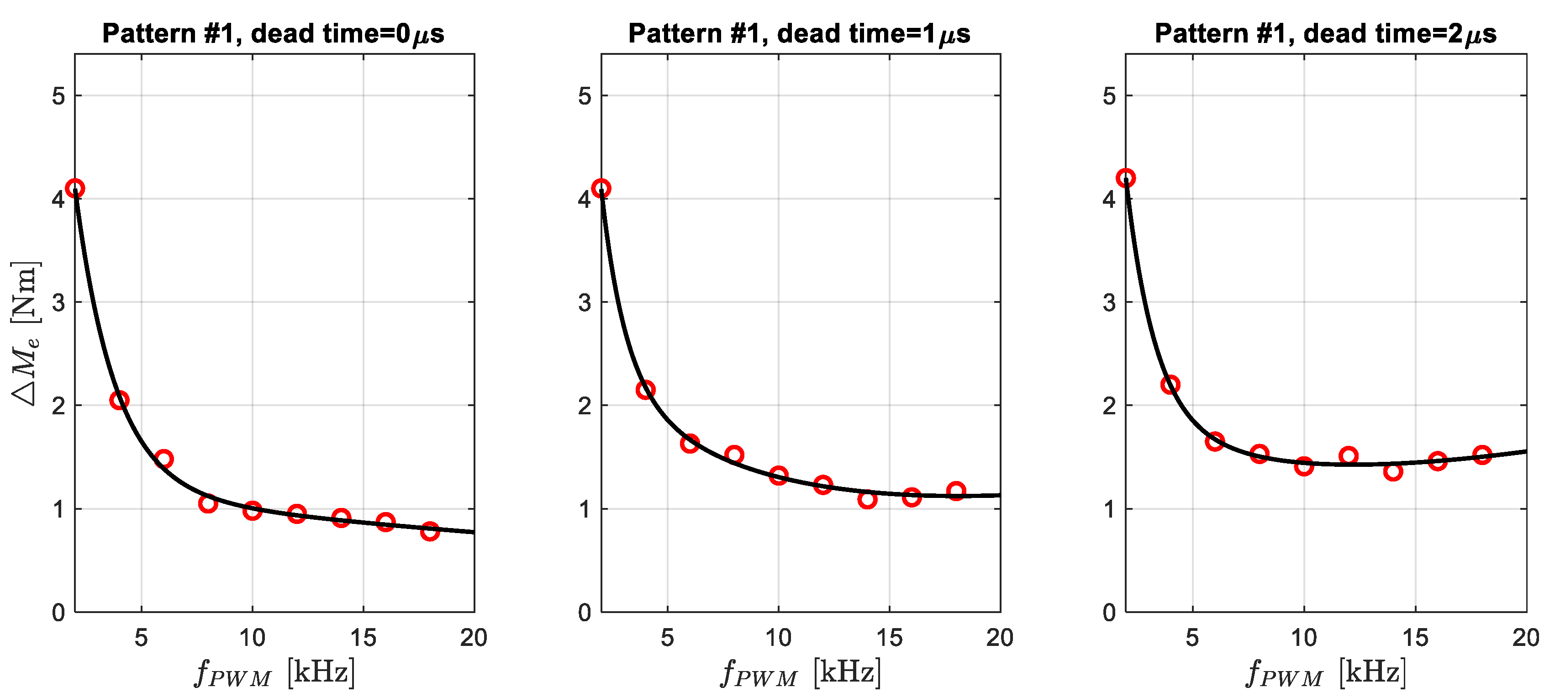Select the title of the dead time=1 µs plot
(799, 34)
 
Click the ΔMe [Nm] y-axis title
(26, 333)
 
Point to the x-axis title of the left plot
(274, 672)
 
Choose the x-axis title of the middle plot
(801, 672)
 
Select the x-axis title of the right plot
(1326, 672)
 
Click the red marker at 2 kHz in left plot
(75, 188)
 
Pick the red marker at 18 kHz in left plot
(430, 531)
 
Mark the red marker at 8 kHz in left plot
(208, 503)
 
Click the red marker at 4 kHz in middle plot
(645, 390)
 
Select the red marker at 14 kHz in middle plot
(867, 499)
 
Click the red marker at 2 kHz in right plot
(1126, 178)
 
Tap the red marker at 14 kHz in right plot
(1392, 471)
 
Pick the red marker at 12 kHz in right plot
(1349, 456)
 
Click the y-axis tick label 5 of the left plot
(58, 96)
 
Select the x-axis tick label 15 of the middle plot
(889, 638)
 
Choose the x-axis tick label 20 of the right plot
(1525, 638)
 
